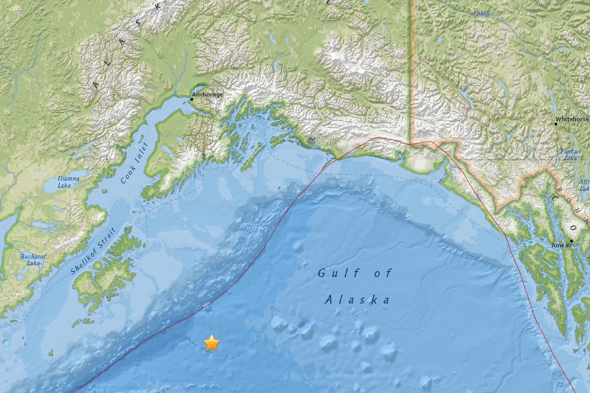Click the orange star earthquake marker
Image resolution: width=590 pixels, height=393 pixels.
pyautogui.click(x=212, y=343)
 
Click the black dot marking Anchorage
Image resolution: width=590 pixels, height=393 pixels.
pyautogui.click(x=192, y=99)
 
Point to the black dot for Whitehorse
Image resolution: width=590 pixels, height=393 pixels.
pyautogui.click(x=557, y=124)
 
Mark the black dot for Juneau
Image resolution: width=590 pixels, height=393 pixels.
pyautogui.click(x=571, y=240)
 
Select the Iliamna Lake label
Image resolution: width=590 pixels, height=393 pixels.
pyautogui.click(x=68, y=182)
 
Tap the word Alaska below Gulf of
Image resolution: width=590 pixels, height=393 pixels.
pyautogui.click(x=357, y=300)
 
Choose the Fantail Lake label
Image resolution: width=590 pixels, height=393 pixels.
pyautogui.click(x=570, y=155)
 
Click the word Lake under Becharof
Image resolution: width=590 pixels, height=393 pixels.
pyautogui.click(x=33, y=263)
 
